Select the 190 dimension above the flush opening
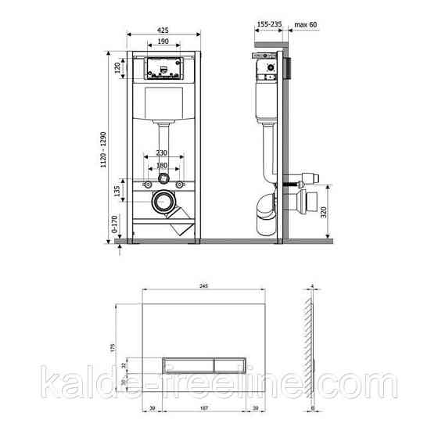click(x=163, y=41)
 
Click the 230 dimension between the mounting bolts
click(x=162, y=153)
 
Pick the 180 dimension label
click(x=162, y=165)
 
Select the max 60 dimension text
click(x=306, y=24)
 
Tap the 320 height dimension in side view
click(x=335, y=209)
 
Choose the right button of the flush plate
click(x=225, y=364)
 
